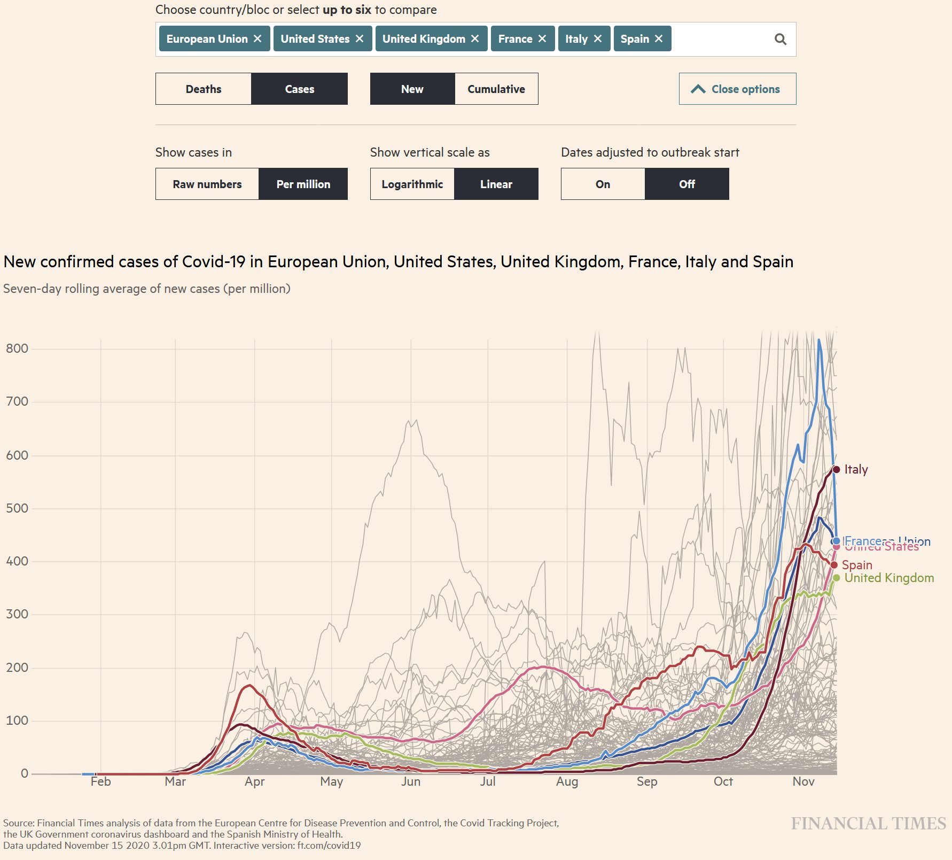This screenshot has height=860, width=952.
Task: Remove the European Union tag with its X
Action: pyautogui.click(x=257, y=39)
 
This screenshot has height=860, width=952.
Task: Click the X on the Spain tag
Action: pyautogui.click(x=659, y=39)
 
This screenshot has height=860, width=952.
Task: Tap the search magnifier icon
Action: pyautogui.click(x=781, y=39)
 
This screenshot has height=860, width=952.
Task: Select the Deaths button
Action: pyautogui.click(x=204, y=89)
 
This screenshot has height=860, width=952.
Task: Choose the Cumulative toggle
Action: pyautogui.click(x=496, y=89)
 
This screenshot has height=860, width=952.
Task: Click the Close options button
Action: pyautogui.click(x=737, y=89)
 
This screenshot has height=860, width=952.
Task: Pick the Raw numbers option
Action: pyautogui.click(x=207, y=184)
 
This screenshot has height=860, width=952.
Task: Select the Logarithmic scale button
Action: pyautogui.click(x=412, y=184)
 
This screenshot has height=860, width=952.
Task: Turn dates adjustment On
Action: pyautogui.click(x=603, y=184)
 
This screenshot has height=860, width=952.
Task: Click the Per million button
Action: pyautogui.click(x=303, y=184)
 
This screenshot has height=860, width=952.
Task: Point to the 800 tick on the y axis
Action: pyautogui.click(x=17, y=349)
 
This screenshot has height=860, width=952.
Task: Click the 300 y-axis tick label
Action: pyautogui.click(x=17, y=614)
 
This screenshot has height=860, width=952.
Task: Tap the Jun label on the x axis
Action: pyautogui.click(x=411, y=781)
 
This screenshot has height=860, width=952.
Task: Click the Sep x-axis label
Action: pyautogui.click(x=647, y=781)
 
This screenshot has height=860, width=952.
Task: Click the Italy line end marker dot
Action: pyautogui.click(x=837, y=469)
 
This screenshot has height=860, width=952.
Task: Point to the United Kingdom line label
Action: pyautogui.click(x=889, y=578)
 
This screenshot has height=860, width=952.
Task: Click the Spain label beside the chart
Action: pyautogui.click(x=857, y=565)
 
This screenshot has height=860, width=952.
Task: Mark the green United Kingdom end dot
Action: pyautogui.click(x=837, y=578)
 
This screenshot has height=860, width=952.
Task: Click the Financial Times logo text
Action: pyautogui.click(x=868, y=824)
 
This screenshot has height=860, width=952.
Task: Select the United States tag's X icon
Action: pyautogui.click(x=360, y=39)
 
